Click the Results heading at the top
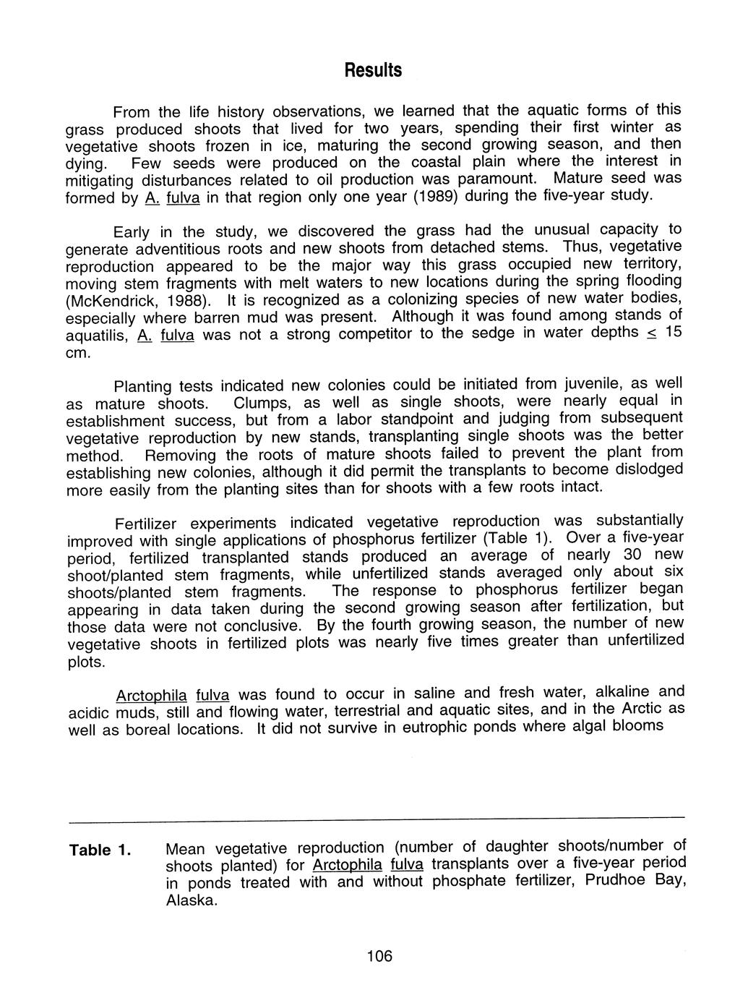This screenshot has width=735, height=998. click(371, 70)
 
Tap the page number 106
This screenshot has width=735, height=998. click(379, 956)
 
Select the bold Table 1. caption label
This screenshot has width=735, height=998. click(100, 850)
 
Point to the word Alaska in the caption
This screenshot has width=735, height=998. click(191, 900)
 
